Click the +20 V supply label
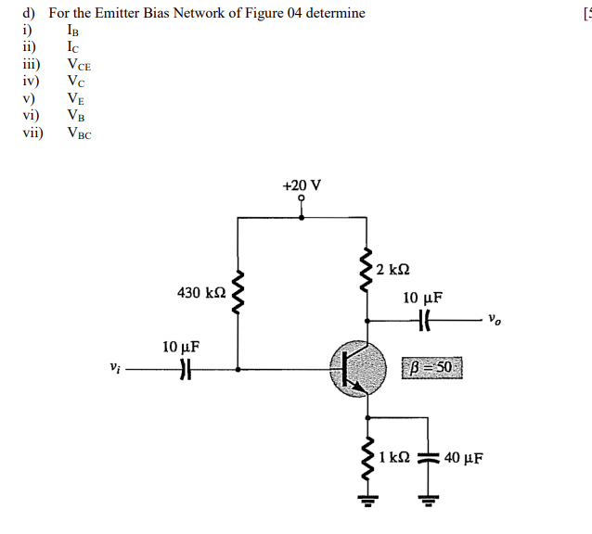[302, 184]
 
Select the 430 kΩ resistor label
[201, 293]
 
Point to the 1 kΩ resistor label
[394, 457]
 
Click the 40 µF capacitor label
[464, 457]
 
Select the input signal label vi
[114, 368]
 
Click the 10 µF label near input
[181, 347]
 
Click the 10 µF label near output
[422, 299]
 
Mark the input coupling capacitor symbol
[184, 369]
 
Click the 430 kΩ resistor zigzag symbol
[239, 293]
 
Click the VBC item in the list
[80, 133]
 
